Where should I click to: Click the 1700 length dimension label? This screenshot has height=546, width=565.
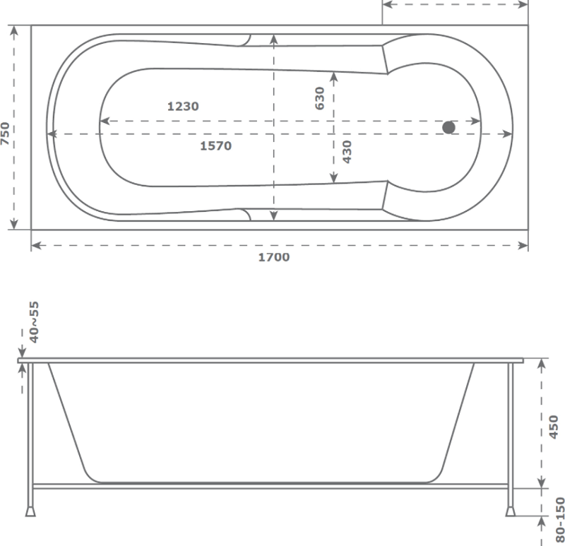(x=274, y=257)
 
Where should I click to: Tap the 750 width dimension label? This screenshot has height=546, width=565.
(x=5, y=133)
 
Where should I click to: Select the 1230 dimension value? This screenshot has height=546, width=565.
(x=183, y=107)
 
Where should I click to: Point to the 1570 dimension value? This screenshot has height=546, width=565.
(x=216, y=146)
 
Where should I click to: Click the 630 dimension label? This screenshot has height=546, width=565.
(x=320, y=98)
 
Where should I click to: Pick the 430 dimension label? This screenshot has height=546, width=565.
(x=347, y=152)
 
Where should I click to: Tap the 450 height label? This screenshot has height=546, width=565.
(x=553, y=427)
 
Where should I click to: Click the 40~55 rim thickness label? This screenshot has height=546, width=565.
(x=34, y=322)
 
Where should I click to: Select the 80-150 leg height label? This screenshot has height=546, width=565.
(x=560, y=520)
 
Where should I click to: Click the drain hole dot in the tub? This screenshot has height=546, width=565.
(x=448, y=127)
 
